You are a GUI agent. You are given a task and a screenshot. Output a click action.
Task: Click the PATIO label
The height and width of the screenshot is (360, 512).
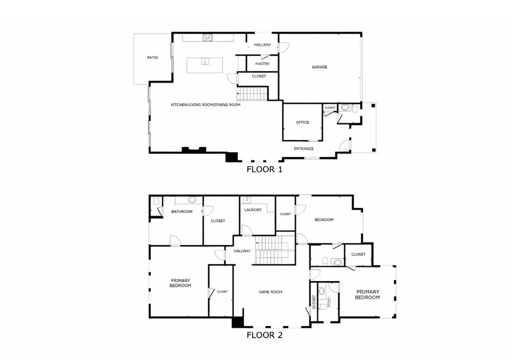pyautogui.click(x=152, y=57)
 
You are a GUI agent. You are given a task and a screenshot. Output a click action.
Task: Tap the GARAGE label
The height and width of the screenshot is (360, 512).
pyautogui.click(x=319, y=67)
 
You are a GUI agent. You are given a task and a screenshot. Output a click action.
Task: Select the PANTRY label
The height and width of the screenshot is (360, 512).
pyautogui.click(x=262, y=64)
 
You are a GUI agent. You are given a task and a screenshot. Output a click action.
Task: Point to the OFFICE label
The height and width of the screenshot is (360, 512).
pyautogui.click(x=302, y=122)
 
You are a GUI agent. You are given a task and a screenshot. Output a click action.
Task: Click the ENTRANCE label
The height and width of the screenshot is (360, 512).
pyautogui.click(x=303, y=149)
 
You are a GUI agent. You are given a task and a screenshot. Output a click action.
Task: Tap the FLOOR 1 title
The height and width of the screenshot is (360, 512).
pyautogui.click(x=264, y=169)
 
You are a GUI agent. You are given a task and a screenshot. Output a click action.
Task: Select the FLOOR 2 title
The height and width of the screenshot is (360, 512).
pyautogui.click(x=264, y=335)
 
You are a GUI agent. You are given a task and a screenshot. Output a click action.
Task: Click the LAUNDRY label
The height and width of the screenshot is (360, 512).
pyautogui.click(x=253, y=210)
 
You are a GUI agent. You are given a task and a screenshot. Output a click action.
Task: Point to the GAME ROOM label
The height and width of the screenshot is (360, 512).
pyautogui.click(x=271, y=292)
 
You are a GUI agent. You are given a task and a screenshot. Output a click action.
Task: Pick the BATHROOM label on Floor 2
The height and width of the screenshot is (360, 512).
pyautogui.click(x=182, y=212)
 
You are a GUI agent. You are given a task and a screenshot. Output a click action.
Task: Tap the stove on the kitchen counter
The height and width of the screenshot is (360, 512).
pyautogui.click(x=208, y=38)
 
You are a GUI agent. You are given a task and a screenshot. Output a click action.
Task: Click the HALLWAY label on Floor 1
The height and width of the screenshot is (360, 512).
pyautogui.click(x=262, y=45)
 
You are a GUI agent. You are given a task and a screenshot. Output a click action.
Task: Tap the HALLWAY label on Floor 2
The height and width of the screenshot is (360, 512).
pyautogui.click(x=242, y=251)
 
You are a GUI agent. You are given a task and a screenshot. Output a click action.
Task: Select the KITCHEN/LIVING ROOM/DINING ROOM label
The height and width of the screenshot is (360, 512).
pyautogui.click(x=205, y=105)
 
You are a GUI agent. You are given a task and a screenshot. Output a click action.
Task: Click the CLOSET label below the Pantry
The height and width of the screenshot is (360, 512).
pyautogui.click(x=259, y=76)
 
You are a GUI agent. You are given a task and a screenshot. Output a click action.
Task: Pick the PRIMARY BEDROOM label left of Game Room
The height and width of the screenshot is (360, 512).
pyautogui.click(x=180, y=283)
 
